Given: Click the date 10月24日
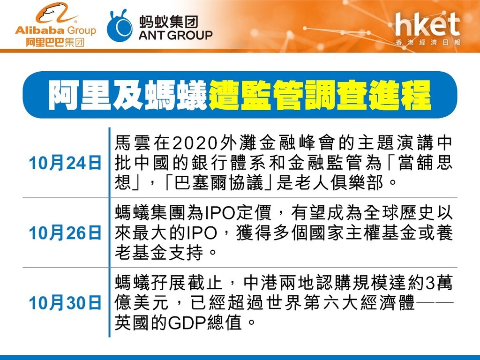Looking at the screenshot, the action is pos(65,163).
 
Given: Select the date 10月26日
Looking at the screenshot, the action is pos(65,233).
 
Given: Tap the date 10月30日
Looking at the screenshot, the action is pos(65,303).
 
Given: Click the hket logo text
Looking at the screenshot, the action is pos(427,24).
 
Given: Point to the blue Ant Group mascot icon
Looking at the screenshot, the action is pos(120,26).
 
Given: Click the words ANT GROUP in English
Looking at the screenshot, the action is pos(175,35).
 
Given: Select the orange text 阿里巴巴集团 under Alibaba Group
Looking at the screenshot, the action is pos(55,42).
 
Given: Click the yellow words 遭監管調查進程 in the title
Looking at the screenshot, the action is pos(320,95).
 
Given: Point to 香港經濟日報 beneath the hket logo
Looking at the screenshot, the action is pos(427,42).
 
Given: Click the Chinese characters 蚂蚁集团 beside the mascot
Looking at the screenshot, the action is pos(169,22).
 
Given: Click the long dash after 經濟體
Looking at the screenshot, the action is pos(435,302).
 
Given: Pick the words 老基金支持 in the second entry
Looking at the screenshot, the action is pos(159,253).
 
